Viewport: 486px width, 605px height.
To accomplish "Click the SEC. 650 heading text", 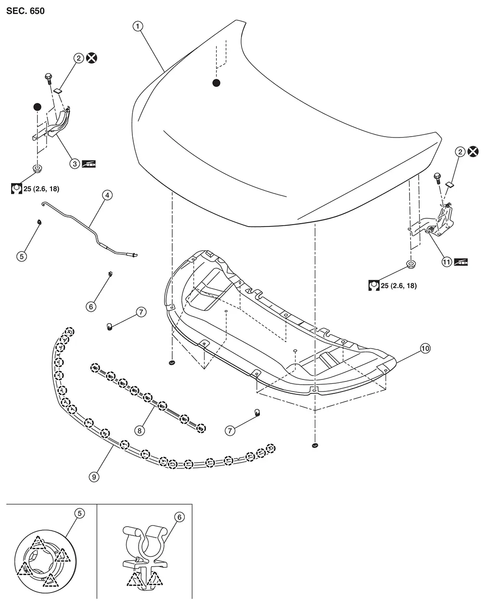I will (26, 11).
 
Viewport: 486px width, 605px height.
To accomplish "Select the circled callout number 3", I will (75, 164).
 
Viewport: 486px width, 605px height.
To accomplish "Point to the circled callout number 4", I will (106, 195).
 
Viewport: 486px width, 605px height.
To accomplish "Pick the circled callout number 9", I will (94, 476).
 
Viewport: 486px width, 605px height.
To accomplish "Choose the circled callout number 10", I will (425, 349).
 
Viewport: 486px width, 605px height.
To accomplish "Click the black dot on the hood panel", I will (217, 83).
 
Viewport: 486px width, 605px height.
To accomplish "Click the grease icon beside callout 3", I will (90, 164).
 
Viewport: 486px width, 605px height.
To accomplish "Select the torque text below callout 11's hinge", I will (398, 286).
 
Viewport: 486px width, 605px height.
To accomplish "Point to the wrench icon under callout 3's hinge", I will (15, 189).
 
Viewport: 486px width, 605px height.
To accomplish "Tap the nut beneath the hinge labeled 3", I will (37, 168).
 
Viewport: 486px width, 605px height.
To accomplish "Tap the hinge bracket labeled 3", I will (58, 123).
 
